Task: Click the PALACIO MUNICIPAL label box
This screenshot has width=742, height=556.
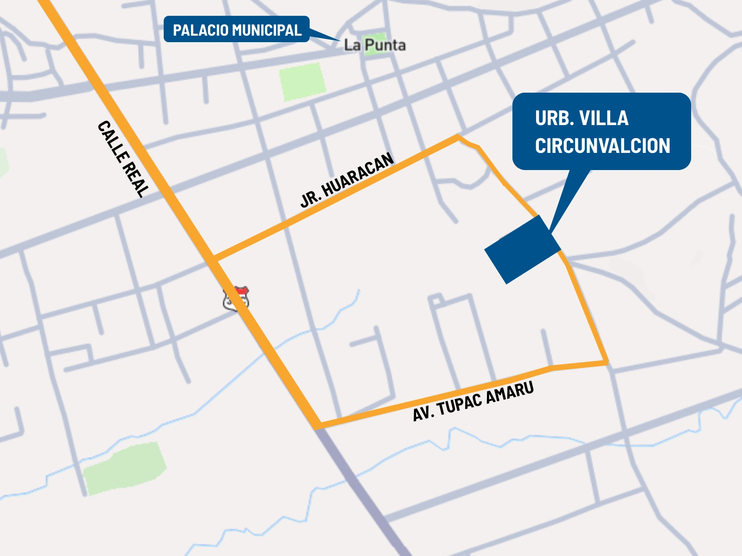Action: [237, 29]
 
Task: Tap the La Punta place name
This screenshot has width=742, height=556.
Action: [375, 45]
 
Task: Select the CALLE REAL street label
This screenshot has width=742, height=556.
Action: [123, 159]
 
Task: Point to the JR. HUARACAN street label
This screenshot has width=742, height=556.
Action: [347, 180]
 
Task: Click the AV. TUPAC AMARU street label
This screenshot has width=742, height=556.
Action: [473, 401]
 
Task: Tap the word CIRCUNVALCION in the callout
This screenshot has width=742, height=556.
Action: [602, 146]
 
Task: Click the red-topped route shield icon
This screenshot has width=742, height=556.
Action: [236, 299]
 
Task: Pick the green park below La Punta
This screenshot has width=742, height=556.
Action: [302, 82]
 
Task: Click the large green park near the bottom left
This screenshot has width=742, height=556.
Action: [124, 468]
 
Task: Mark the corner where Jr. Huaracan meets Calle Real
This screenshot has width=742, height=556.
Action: [214, 258]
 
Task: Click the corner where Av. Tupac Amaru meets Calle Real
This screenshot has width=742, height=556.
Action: [319, 425]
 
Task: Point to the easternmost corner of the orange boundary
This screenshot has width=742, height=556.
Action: [606, 362]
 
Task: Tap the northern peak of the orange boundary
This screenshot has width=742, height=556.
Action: [458, 136]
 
